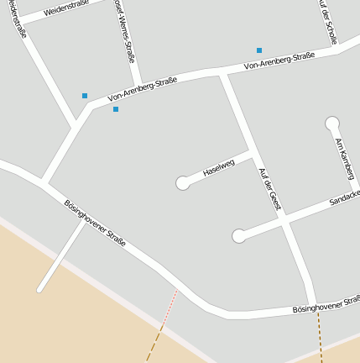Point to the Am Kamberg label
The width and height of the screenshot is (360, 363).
(344, 158)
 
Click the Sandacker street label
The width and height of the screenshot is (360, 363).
(344, 198)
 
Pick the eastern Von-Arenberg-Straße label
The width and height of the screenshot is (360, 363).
(279, 60)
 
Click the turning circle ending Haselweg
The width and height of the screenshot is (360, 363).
(182, 183)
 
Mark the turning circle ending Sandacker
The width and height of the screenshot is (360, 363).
(239, 236)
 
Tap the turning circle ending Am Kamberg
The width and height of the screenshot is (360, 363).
(332, 124)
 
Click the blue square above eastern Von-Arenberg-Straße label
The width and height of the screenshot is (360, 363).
(259, 50)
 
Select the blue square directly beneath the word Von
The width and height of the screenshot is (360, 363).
(116, 109)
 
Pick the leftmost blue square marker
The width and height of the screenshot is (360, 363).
(85, 96)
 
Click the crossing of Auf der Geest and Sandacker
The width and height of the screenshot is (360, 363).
(283, 218)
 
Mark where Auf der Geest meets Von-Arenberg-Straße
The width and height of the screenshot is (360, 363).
(223, 74)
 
